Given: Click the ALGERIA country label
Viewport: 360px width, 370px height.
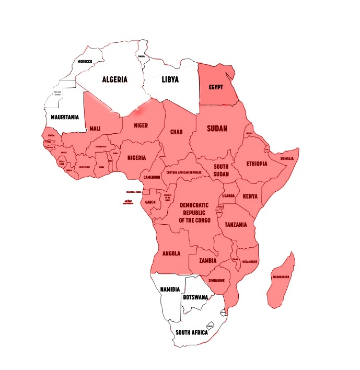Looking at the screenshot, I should [114, 80].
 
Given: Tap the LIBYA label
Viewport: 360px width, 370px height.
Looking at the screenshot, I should [170, 80].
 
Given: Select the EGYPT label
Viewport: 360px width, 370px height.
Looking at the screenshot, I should [216, 87].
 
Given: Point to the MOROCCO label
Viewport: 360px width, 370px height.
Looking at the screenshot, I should [85, 62].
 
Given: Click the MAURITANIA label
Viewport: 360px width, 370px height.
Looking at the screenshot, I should [65, 117].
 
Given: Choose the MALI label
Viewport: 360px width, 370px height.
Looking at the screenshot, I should [95, 129].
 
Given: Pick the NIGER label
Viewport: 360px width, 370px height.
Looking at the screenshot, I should [141, 125].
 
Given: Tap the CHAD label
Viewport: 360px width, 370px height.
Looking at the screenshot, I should [177, 132].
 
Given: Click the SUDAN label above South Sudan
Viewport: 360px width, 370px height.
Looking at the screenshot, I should [217, 129].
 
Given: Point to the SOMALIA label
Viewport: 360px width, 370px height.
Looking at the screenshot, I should [287, 158].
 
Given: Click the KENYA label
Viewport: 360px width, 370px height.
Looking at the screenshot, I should [250, 197].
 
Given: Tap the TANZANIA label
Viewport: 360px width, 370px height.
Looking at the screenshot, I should [239, 224].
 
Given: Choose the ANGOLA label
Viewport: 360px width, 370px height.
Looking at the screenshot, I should [171, 253].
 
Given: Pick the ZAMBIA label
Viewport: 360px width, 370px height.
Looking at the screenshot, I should [207, 260].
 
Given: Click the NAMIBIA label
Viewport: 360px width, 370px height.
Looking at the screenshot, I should [170, 289].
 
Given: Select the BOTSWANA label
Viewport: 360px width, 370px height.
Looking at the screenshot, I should [195, 297].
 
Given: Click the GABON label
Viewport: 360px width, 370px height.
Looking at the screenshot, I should [150, 202].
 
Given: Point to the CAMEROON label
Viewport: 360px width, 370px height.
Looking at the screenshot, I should [151, 177].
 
